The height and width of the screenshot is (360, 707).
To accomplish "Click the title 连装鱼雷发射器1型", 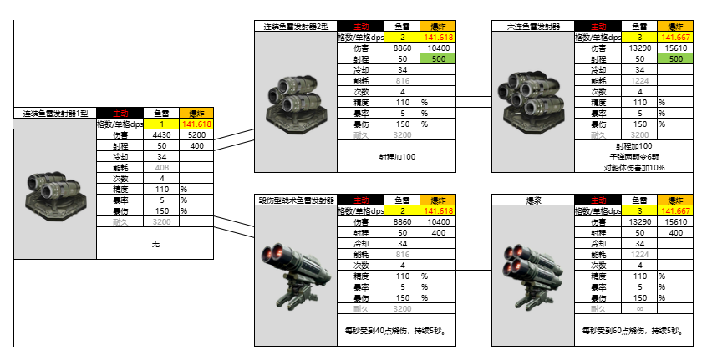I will pyautogui.click(x=54, y=113).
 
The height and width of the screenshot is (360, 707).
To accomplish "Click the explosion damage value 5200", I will pyautogui.click(x=197, y=134).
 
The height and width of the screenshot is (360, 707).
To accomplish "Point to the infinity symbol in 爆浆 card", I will pyautogui.click(x=639, y=309).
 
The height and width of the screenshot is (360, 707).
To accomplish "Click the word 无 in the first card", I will pyautogui.click(x=155, y=244).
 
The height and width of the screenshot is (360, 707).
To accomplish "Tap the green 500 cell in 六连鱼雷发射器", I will pyautogui.click(x=676, y=59).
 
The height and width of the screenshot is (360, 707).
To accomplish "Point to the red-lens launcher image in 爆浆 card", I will pyautogui.click(x=533, y=269).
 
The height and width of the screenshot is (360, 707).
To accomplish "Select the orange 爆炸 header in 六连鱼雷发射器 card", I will pyautogui.click(x=675, y=27).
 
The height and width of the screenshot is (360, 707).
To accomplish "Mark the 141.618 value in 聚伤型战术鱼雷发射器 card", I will pyautogui.click(x=438, y=211).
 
